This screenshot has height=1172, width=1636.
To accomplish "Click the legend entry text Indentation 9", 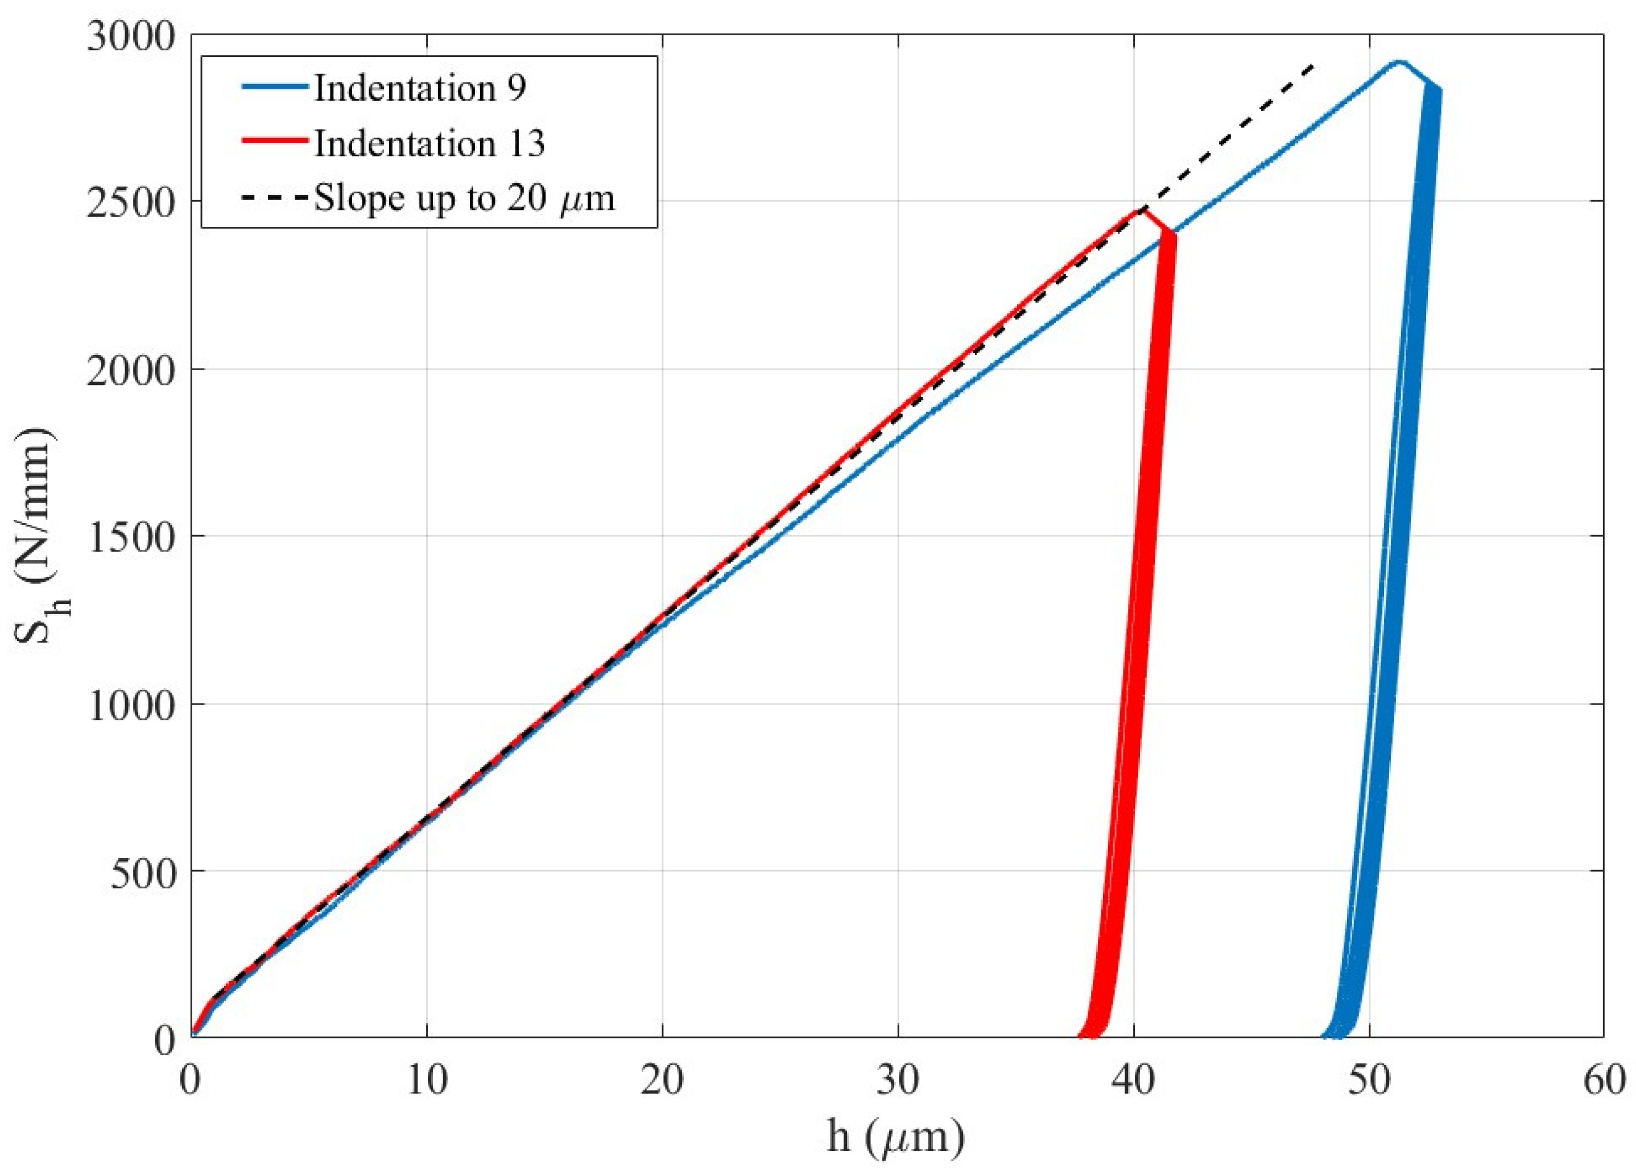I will (x=419, y=89).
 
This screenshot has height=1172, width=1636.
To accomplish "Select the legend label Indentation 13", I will (x=429, y=144).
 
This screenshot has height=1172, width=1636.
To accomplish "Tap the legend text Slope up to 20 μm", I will (x=465, y=198).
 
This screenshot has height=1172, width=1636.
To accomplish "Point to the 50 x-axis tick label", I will (x=1369, y=1081).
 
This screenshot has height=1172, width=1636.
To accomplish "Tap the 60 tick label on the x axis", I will (x=1604, y=1081).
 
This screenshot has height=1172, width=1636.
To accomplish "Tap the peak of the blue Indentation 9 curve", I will (x=1399, y=62).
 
